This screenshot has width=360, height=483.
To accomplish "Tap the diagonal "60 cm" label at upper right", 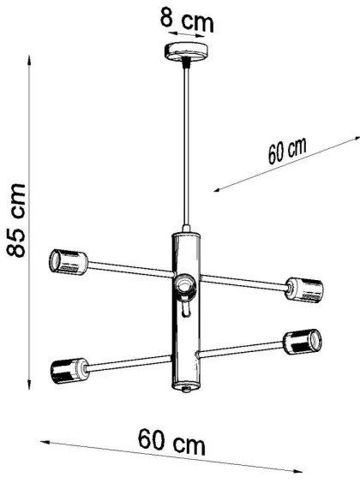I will point(286,151).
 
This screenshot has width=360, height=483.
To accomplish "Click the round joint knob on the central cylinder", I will point(183,283).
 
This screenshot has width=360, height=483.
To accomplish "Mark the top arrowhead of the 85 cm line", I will point(33,63).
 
